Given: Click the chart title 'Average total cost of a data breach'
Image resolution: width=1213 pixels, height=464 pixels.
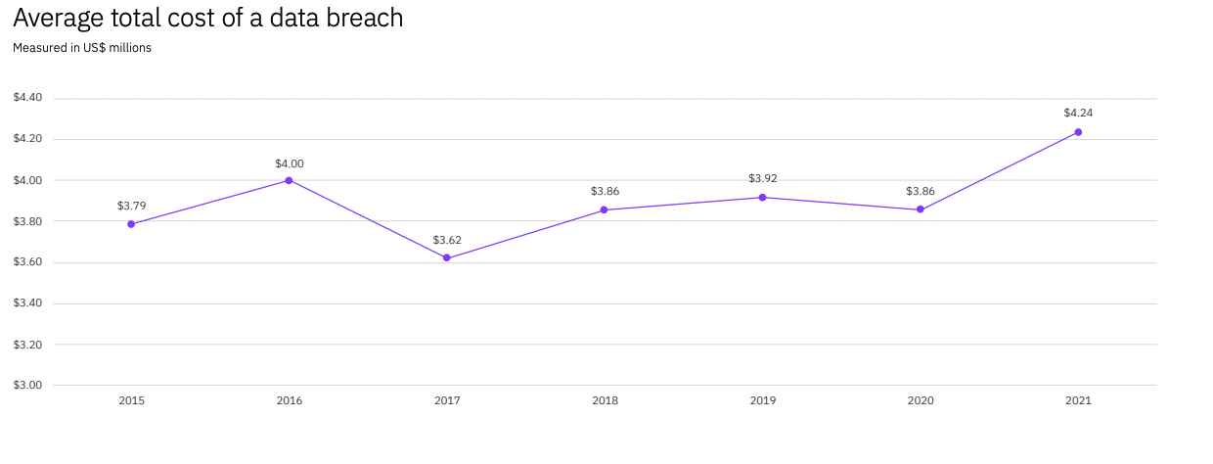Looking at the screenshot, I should pos(207,18).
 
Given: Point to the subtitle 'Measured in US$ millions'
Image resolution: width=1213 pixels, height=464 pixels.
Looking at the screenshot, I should pos(82,47).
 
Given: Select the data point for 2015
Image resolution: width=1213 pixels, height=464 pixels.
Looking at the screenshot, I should pos(131,224).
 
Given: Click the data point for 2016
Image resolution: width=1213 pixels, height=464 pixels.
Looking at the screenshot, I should pos(289,180).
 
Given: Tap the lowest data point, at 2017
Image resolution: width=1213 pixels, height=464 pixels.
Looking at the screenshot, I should pos(447,258).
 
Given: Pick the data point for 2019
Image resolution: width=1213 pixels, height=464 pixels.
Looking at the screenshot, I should pos(762,198).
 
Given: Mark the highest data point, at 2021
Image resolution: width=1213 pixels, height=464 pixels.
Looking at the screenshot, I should pos(1078,132).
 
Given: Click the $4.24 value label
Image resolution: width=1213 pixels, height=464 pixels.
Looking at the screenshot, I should pos(1078,113).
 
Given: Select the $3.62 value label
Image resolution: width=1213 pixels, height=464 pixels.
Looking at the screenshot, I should pos(447,239).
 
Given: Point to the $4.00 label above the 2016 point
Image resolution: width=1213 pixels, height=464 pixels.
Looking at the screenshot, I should pos(289,163).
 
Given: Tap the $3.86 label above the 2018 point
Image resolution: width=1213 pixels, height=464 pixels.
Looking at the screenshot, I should pos(605,191).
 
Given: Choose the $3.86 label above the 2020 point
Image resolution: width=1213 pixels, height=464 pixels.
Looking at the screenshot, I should pos(921,191).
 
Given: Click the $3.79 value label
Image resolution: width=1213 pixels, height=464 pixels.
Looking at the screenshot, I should pos(131,206).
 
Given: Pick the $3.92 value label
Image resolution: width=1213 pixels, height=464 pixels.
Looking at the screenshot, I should pos(762,178).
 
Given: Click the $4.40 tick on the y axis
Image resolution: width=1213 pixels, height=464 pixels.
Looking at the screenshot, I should pos(27,98).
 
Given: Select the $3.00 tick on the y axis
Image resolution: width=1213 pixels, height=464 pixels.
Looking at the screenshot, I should pos(27,385).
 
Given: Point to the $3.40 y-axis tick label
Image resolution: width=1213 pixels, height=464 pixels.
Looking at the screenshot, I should pos(27,303).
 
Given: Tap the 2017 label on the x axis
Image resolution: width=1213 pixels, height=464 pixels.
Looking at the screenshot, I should pos(447,400).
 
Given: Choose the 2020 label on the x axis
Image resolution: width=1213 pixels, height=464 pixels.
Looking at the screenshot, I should pos(921,400).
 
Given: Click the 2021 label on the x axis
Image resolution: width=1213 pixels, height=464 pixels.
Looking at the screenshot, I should pos(1078,400).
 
